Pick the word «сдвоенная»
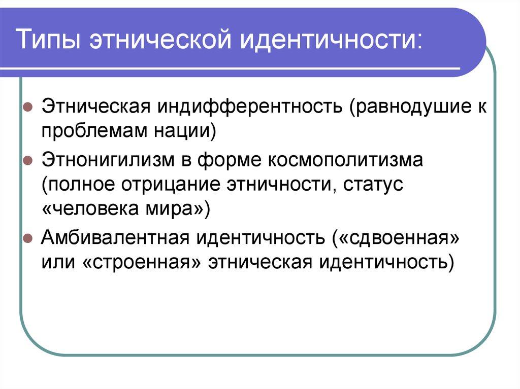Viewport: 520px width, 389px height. pyautogui.click(x=397, y=237)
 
